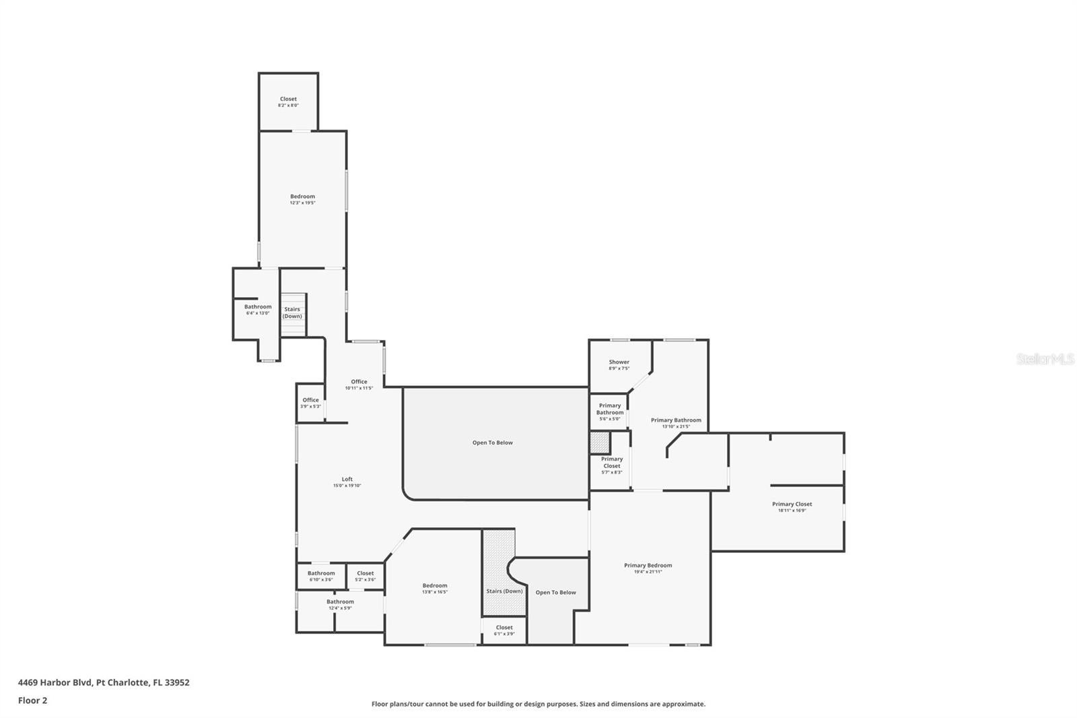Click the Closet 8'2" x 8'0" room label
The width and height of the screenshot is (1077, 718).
click(288, 102)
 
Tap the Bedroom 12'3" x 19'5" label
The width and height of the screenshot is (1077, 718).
click(302, 199)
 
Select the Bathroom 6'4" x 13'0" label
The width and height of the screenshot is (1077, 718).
click(258, 309)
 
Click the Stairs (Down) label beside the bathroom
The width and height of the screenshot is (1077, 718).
click(292, 313)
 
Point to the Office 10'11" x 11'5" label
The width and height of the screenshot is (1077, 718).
click(359, 385)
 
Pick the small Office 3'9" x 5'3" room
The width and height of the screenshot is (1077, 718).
click(310, 403)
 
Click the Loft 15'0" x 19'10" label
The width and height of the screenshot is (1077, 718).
click(347, 482)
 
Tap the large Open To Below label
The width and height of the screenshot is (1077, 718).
click(492, 443)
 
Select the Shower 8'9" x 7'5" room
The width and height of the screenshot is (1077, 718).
click(619, 365)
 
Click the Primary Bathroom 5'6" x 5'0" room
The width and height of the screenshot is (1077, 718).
click(609, 412)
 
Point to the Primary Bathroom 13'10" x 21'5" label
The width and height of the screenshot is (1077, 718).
click(676, 423)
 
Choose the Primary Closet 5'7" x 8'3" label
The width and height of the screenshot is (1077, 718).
click(611, 465)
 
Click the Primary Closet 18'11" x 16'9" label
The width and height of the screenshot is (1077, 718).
click(792, 507)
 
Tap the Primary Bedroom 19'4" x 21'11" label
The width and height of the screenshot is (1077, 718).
click(648, 568)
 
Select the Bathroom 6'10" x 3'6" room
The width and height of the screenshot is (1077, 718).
click(321, 576)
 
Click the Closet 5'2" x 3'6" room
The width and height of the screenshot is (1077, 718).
click(365, 576)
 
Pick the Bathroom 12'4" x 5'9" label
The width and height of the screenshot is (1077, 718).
click(340, 604)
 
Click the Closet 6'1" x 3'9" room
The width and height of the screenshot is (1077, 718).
click(503, 630)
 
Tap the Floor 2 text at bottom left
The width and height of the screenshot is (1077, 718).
click(32, 700)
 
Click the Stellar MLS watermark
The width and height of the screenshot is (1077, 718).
click(1045, 360)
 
